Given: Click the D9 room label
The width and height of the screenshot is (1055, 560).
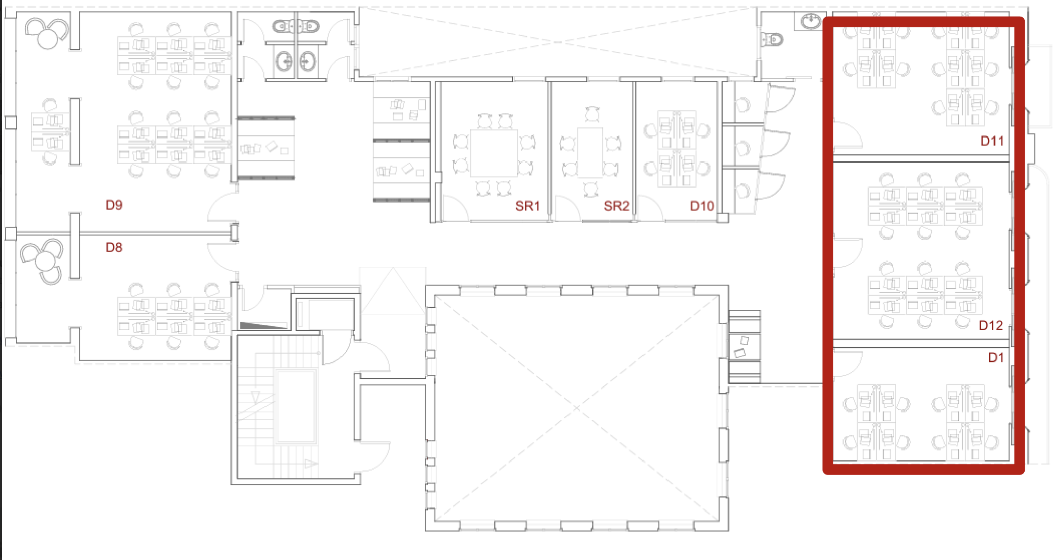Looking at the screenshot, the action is click(x=114, y=205).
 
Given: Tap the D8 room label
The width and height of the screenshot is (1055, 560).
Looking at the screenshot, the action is click(x=114, y=247).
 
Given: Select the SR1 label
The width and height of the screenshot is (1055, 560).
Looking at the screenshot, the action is click(x=527, y=206).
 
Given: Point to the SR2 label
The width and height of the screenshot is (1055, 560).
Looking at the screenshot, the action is click(x=616, y=206).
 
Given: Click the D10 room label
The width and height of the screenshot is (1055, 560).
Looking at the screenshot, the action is click(x=702, y=206).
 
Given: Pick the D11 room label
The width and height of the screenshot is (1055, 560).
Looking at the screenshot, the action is click(x=992, y=141).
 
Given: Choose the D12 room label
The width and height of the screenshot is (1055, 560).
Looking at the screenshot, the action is click(x=991, y=325).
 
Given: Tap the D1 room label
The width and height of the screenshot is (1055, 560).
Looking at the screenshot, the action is click(x=996, y=358).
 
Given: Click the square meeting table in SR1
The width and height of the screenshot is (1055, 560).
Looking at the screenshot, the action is click(x=494, y=153).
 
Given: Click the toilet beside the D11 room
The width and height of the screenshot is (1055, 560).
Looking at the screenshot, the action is click(x=772, y=39).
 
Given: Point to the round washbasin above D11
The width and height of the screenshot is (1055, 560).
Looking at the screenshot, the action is click(x=811, y=21).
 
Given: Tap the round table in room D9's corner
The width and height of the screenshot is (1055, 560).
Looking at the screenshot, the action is click(x=48, y=39).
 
